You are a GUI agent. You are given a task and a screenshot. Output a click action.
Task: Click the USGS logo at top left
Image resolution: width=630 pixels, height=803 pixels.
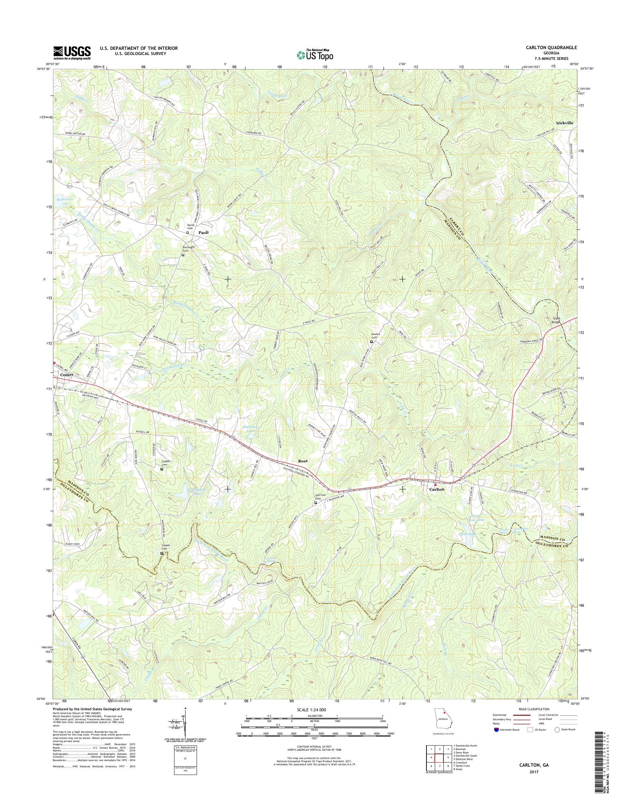point(72,53)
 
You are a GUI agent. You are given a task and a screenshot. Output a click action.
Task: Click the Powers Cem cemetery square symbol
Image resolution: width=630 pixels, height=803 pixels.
point(371,342)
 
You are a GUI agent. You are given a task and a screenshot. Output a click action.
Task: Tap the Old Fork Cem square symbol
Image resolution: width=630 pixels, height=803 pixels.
point(315,502)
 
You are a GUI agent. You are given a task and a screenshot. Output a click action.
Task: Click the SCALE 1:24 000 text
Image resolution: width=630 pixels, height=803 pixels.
point(311,710)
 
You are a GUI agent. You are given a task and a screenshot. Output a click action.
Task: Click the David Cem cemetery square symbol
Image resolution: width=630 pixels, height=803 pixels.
point(187,233)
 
